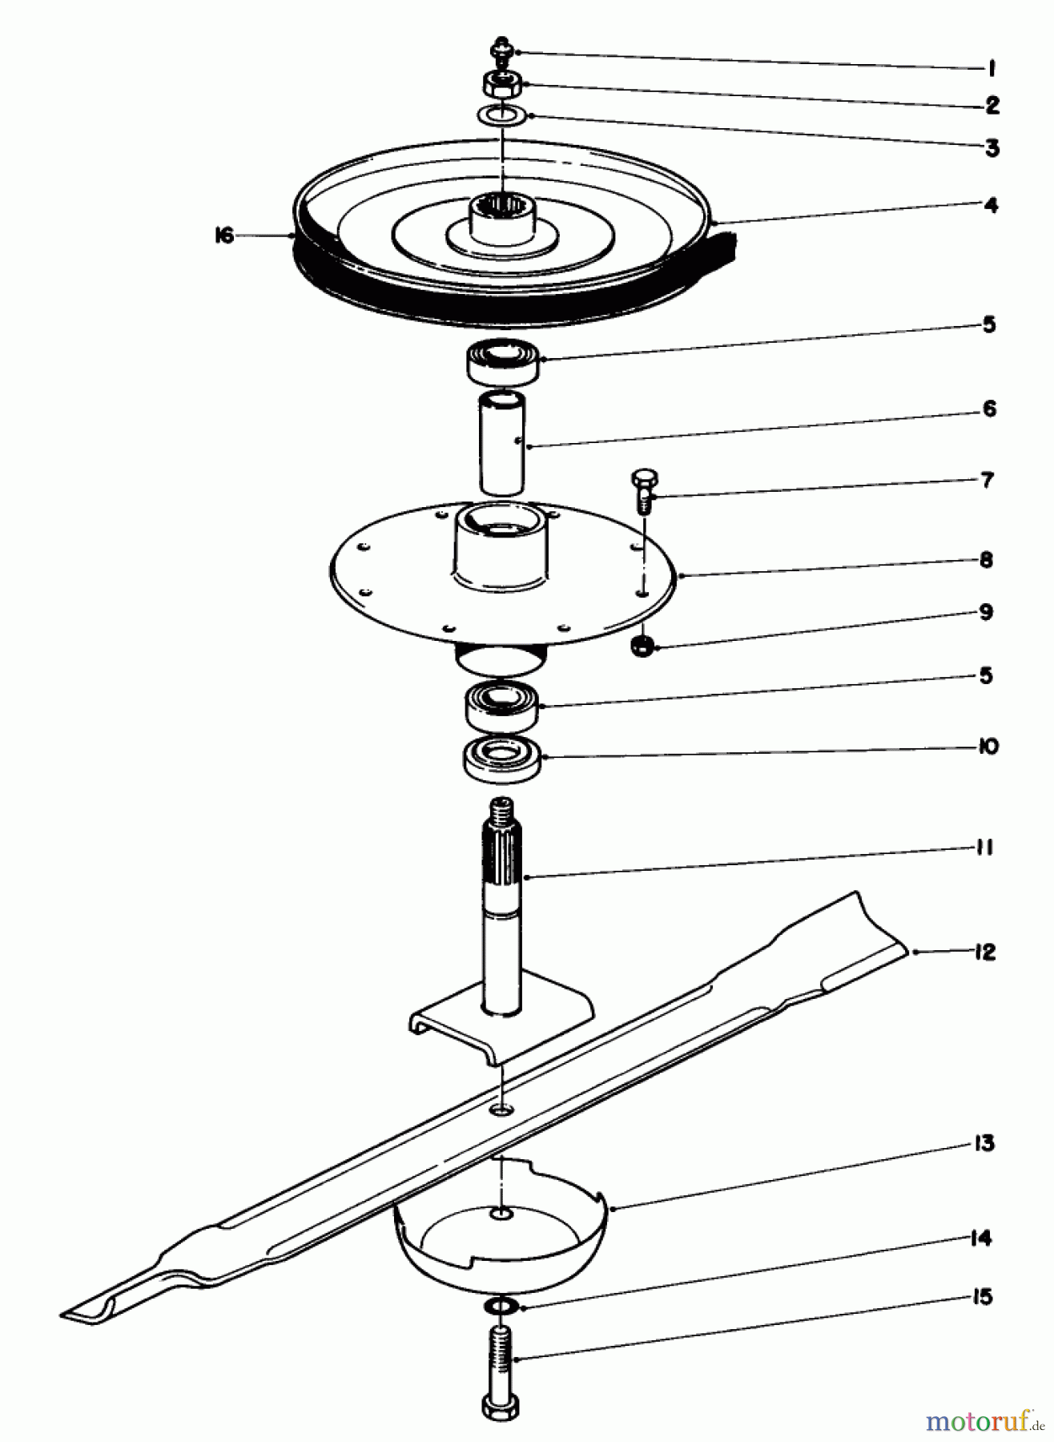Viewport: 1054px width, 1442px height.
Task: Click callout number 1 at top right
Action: point(992,69)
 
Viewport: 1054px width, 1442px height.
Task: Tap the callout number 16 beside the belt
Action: point(223,236)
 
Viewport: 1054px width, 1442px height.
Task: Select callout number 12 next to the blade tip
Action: point(984,953)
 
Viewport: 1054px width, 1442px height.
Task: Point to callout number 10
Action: point(988,747)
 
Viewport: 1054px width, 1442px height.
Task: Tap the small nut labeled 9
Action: point(642,646)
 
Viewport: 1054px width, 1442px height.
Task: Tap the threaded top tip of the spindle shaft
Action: point(502,810)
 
